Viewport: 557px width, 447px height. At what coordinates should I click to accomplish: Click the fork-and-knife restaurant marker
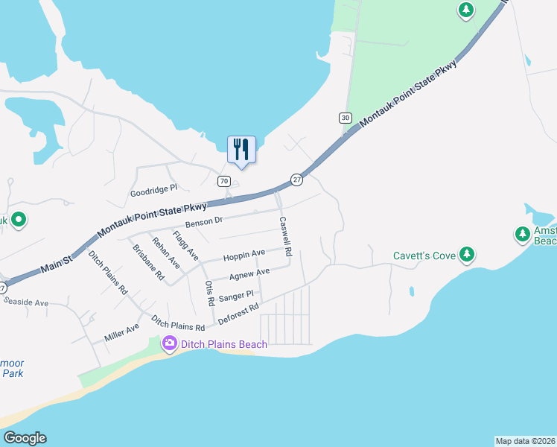click(241, 148)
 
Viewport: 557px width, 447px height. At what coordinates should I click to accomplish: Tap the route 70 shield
click(223, 181)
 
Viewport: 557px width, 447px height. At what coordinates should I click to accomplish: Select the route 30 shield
click(344, 118)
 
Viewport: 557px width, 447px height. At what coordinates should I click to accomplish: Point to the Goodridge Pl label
click(154, 189)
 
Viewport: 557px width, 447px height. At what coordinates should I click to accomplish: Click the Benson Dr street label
click(204, 221)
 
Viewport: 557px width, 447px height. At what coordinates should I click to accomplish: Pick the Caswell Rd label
click(285, 236)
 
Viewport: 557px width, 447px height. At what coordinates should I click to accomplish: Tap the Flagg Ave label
click(185, 246)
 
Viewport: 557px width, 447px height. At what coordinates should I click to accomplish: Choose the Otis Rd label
click(209, 292)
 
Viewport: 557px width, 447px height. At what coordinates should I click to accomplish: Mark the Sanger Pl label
click(236, 297)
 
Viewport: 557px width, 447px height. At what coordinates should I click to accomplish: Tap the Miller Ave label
click(122, 332)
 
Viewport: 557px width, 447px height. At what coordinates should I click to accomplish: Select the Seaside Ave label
click(26, 302)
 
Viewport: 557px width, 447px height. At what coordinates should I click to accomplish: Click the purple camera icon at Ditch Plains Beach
click(169, 343)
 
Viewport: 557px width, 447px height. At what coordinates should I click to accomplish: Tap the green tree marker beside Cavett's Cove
click(466, 256)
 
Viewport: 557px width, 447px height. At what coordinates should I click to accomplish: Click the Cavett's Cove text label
click(424, 256)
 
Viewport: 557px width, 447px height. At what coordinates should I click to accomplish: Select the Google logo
click(25, 438)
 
